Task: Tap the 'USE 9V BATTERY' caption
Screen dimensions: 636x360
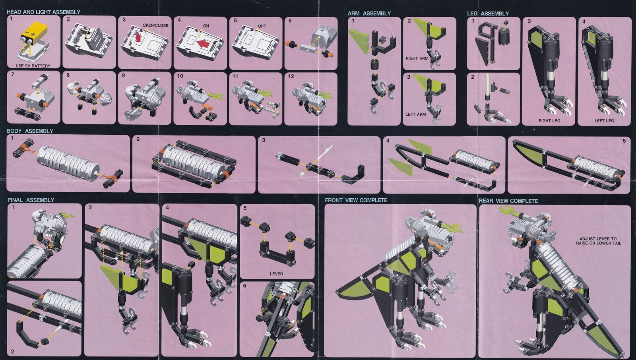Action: [33, 66]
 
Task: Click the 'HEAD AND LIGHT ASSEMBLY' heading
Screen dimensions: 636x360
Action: [43, 12]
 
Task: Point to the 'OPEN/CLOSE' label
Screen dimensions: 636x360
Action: [155, 25]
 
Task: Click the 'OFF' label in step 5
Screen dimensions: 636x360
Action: [262, 26]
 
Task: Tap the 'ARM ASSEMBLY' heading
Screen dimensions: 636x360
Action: [369, 14]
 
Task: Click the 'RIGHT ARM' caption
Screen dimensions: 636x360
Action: [417, 58]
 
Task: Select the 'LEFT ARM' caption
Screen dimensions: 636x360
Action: [415, 114]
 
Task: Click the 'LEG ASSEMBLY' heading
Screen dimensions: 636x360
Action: [488, 14]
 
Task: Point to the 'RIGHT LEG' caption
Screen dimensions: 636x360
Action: [549, 121]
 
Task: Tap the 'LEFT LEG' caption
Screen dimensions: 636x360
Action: [604, 121]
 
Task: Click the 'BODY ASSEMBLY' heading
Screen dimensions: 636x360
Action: [30, 131]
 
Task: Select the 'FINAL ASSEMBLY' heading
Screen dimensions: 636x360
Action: [31, 200]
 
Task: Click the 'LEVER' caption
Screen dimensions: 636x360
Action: [276, 274]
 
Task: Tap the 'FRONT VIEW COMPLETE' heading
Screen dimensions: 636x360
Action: [356, 200]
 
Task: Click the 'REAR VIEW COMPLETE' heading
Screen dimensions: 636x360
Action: [508, 201]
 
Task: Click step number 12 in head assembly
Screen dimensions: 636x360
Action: [291, 77]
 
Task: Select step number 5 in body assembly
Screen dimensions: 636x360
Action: [624, 141]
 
